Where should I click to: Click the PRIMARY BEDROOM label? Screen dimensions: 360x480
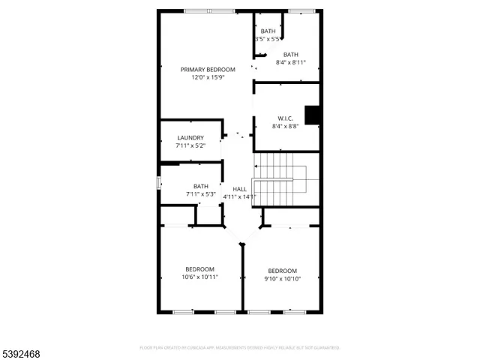point(208,69)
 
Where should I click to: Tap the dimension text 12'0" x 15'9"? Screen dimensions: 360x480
point(208,77)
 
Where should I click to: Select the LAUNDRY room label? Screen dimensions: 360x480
point(190,137)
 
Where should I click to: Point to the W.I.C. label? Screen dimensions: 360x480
point(286,118)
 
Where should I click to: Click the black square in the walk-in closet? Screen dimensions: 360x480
point(313,115)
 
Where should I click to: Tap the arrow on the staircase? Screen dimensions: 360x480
point(257,166)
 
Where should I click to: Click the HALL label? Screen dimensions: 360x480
point(239,188)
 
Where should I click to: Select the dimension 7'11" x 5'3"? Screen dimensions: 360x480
point(201,194)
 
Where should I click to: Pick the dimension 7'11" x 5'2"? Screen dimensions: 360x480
point(190,145)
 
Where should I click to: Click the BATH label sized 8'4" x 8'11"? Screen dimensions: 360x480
point(291,54)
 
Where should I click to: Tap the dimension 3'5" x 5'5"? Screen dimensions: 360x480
point(268,39)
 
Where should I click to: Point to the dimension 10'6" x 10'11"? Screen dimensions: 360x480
point(200,277)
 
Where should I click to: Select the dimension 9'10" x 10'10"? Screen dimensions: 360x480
point(283,279)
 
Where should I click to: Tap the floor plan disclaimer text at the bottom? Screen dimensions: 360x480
point(240,347)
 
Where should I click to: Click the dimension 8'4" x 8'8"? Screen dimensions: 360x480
point(286,126)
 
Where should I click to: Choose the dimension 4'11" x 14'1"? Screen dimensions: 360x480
point(239,196)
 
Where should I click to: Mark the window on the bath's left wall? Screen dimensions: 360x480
point(158,183)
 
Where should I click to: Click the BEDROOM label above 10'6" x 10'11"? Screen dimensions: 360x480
point(200,269)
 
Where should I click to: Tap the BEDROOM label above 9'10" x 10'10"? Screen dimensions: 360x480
point(283,271)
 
